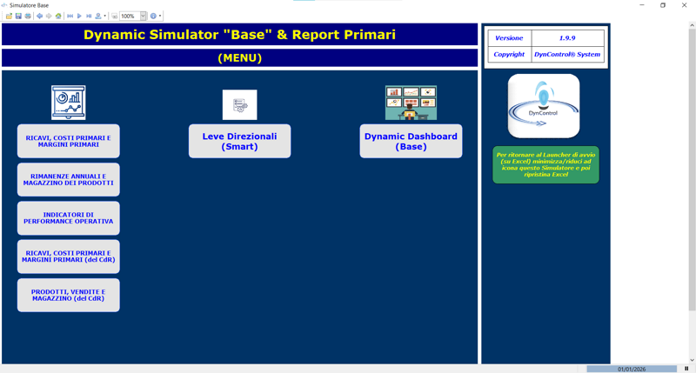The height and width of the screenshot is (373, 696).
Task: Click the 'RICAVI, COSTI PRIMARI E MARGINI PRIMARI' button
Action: [69, 141]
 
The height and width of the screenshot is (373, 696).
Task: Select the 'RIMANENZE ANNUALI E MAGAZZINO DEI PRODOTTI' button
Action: [69, 179]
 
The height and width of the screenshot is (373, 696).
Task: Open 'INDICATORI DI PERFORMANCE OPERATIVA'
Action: [69, 218]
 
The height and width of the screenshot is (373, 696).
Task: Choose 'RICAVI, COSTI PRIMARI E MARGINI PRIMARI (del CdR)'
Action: [69, 256]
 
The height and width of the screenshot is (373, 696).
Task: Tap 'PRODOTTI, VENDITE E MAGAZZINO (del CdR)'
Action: [69, 295]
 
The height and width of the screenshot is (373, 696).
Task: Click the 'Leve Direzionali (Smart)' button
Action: [239, 141]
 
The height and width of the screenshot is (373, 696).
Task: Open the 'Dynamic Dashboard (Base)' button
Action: [411, 141]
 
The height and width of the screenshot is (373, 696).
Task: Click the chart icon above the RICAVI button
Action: [68, 103]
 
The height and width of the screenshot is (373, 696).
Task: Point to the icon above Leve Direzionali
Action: [239, 104]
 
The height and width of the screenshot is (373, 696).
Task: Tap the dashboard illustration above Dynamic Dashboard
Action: [411, 103]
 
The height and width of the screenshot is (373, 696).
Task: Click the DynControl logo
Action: [544, 106]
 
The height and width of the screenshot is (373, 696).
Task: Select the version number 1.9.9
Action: [567, 38]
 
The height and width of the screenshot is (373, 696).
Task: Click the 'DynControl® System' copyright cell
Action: [567, 54]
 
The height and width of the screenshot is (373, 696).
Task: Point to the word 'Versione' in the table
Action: [509, 38]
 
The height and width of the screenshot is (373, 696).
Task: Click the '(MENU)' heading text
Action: [239, 58]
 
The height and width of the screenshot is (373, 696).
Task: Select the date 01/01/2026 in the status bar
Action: [632, 369]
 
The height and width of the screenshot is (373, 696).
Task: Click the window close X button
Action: [684, 5]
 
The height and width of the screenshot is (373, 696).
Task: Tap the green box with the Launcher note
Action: [545, 164]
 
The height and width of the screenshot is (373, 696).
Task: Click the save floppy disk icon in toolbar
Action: [18, 16]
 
